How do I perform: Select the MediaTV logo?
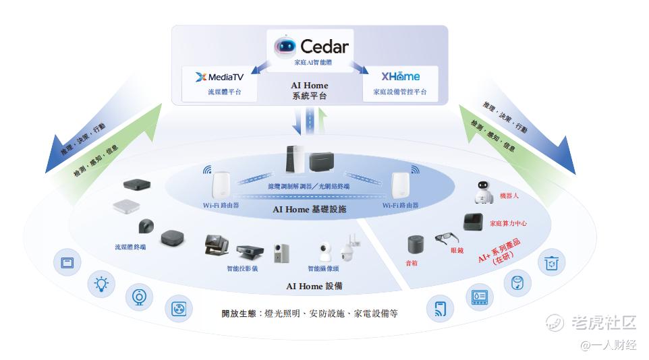[219, 77]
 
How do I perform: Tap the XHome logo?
[400, 77]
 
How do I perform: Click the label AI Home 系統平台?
[310, 91]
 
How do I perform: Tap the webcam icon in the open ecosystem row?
[140, 296]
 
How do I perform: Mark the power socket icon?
[178, 309]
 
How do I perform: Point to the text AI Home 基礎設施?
[310, 210]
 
